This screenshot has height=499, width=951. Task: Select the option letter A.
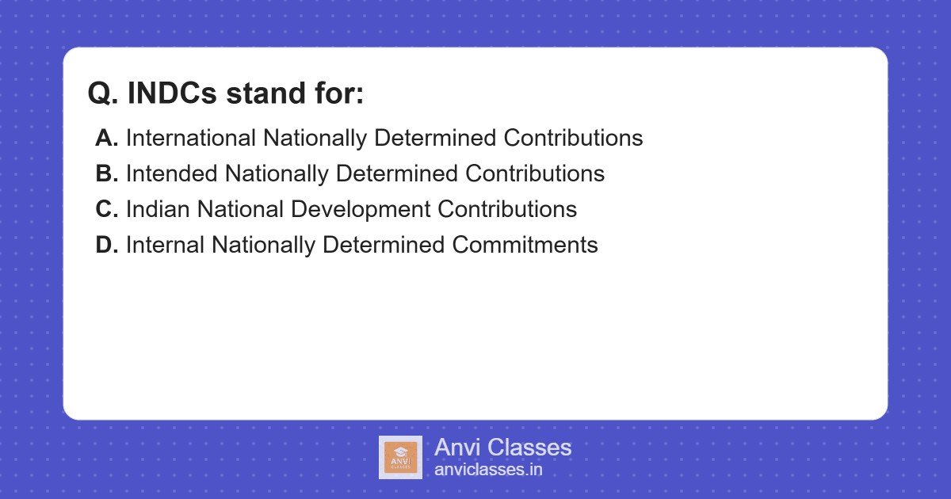pyautogui.click(x=106, y=138)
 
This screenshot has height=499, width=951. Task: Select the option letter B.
pyautogui.click(x=106, y=173)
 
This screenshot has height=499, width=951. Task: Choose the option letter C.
pyautogui.click(x=106, y=209)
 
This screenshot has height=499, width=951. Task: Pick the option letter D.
pyautogui.click(x=106, y=245)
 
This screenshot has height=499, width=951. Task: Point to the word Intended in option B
pyautogui.click(x=171, y=173)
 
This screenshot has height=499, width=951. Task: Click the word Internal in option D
pyautogui.click(x=165, y=245)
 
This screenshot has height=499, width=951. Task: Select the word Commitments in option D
pyautogui.click(x=525, y=245)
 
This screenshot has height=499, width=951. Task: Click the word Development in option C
pyautogui.click(x=361, y=209)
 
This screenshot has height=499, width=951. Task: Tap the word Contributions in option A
pyautogui.click(x=573, y=138)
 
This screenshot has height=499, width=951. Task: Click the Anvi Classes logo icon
pyautogui.click(x=400, y=457)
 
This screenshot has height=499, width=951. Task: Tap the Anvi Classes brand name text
pyautogui.click(x=502, y=448)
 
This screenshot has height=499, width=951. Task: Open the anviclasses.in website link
pyautogui.click(x=488, y=470)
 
